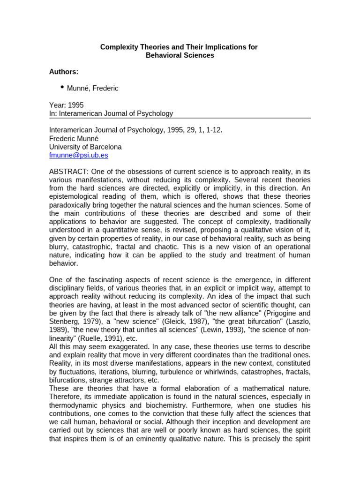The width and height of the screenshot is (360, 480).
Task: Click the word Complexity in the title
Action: [x=118, y=47]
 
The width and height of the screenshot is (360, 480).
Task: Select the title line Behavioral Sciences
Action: [x=180, y=55]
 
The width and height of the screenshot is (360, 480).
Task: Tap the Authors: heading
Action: [x=64, y=72]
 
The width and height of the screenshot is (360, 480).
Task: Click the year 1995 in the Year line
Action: [x=76, y=105]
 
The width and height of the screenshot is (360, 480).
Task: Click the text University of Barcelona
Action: [x=85, y=147]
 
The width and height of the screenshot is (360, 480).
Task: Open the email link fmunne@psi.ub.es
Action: [x=78, y=155]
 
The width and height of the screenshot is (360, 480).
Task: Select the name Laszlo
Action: [x=297, y=322]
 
